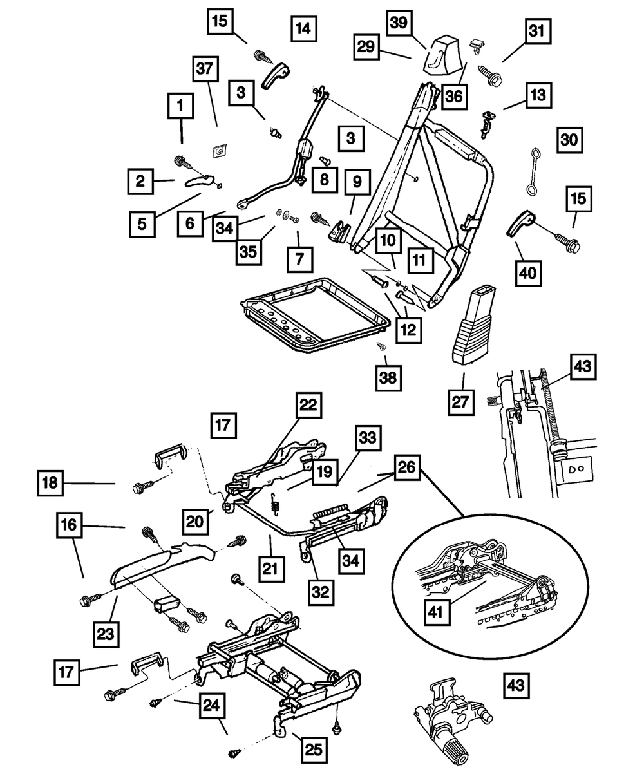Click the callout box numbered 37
[x=205, y=69]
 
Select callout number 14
[x=304, y=28]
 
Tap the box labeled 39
[x=399, y=23]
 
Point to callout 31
[x=538, y=31]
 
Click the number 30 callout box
[x=569, y=140]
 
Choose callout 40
[x=528, y=273]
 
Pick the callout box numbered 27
[x=461, y=402]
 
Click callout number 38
[x=388, y=378]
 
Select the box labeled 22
[x=308, y=405]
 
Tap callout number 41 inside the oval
[x=437, y=612]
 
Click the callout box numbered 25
[x=314, y=750]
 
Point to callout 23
[x=106, y=634]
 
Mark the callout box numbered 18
[x=50, y=484]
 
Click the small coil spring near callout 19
[x=275, y=504]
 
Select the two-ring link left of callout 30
[x=533, y=171]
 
